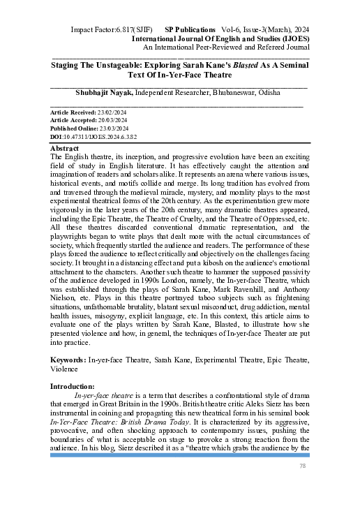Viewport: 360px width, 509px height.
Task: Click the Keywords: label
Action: point(68,359)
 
